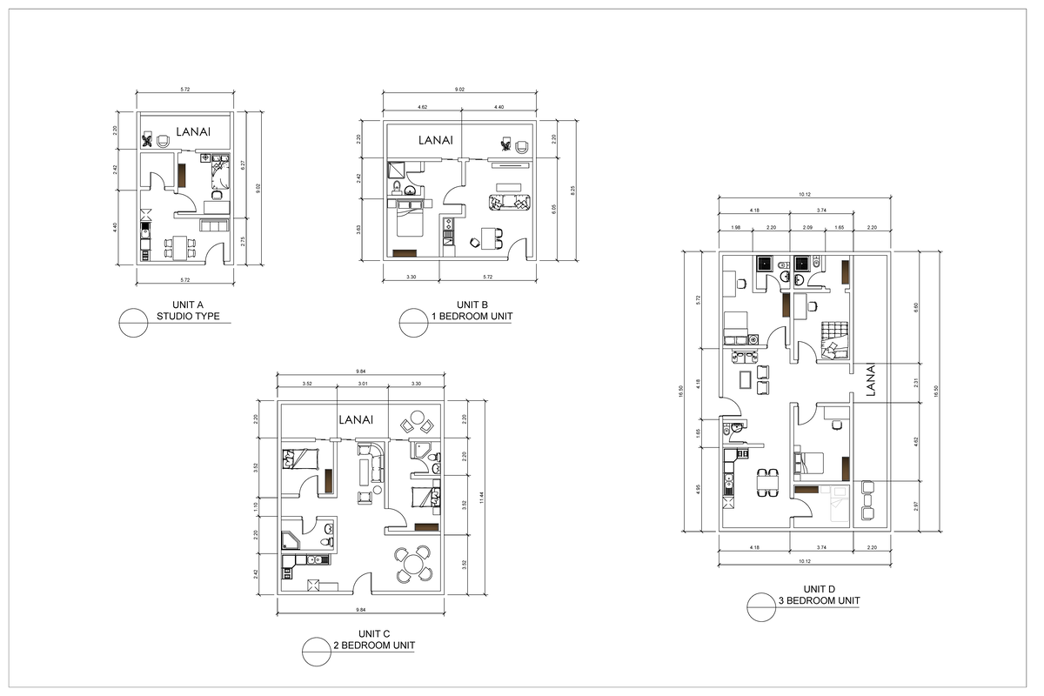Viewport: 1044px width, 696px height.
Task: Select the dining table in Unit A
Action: click(x=180, y=247)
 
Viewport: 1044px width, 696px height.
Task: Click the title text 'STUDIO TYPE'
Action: click(x=188, y=317)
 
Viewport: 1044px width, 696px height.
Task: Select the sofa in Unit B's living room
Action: click(x=510, y=203)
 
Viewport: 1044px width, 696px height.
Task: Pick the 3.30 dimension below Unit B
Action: click(x=412, y=278)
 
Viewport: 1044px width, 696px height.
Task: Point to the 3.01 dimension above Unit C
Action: click(x=362, y=384)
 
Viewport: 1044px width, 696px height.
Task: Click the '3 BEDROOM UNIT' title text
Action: click(x=820, y=601)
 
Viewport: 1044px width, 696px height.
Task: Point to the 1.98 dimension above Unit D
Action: click(x=736, y=227)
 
